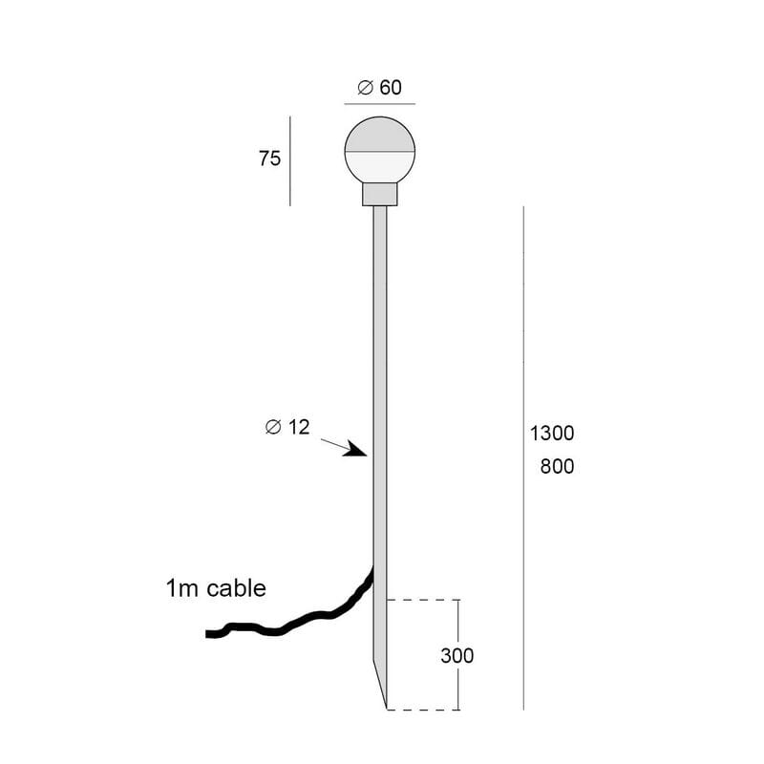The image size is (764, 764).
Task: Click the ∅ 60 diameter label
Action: point(379,88)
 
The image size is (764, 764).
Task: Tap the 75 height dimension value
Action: point(269,159)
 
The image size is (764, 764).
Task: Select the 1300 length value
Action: point(552,434)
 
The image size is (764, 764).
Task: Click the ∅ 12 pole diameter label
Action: point(287,428)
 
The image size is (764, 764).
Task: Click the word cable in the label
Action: point(235,588)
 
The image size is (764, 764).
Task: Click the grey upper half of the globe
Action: point(379,137)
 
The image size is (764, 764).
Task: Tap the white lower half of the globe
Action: point(379,169)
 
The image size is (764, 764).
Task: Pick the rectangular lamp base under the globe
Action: point(379,195)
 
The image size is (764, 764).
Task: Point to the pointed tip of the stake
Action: point(385,707)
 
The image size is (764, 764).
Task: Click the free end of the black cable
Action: point(210,634)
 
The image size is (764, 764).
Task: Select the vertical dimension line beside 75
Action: point(290,160)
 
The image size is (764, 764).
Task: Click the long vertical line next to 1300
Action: point(523,458)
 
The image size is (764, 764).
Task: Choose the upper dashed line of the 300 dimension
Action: point(424,600)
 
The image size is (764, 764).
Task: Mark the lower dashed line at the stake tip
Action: point(424,710)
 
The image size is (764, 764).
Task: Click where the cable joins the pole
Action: point(371,570)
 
